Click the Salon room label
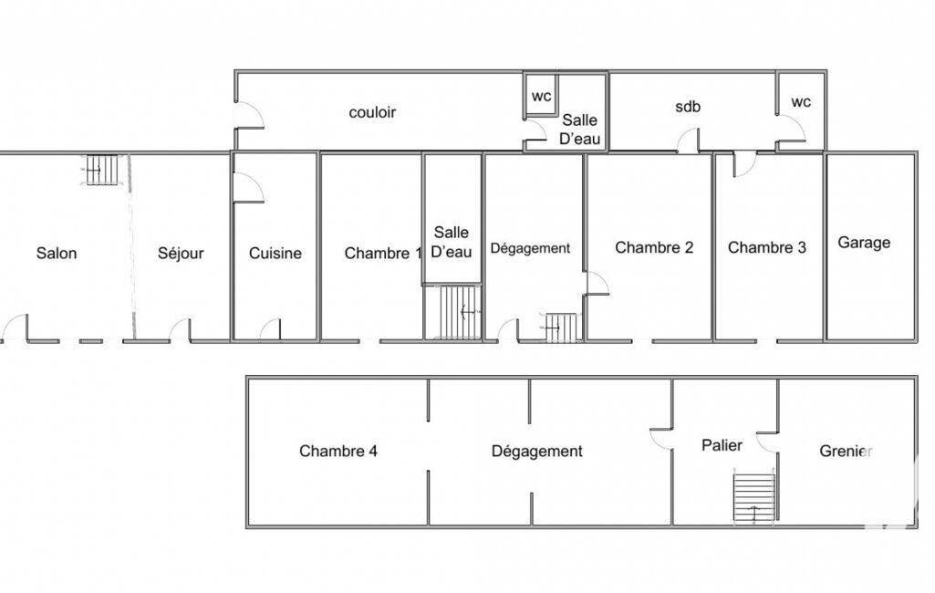(x=57, y=253)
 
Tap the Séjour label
(x=181, y=254)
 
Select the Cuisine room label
(x=275, y=253)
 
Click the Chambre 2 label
(x=654, y=247)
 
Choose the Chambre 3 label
(x=767, y=247)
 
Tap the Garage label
(x=864, y=243)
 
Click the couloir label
(x=372, y=112)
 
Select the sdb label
(x=688, y=107)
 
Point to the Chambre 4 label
(x=338, y=451)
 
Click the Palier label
(x=722, y=445)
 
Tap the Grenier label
(x=847, y=451)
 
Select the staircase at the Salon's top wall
(x=100, y=170)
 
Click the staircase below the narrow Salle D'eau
(x=452, y=313)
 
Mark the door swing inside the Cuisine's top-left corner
(x=248, y=187)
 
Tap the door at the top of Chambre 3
(x=743, y=164)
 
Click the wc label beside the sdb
(x=801, y=102)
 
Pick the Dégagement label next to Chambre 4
(x=536, y=451)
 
